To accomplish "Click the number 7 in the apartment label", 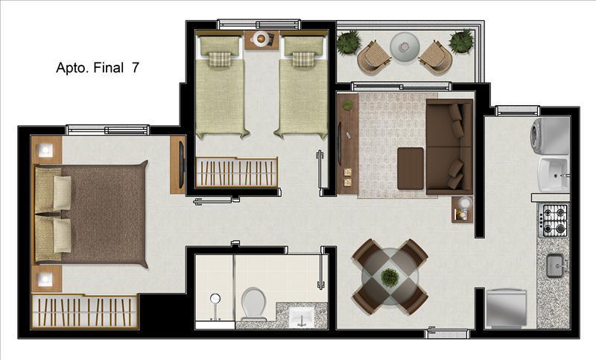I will (135, 67).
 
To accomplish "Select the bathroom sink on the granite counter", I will (302, 315).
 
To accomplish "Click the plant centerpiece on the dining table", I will (390, 277).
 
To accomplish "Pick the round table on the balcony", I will (404, 46).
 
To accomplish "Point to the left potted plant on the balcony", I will (348, 42).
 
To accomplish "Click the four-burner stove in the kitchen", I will (554, 221).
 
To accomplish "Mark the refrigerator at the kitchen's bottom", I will (507, 307).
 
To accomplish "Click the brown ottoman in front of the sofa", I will (410, 168).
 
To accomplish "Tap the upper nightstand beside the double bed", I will (47, 151).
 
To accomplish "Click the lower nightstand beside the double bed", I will (47, 280).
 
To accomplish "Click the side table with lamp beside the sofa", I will (463, 209).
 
